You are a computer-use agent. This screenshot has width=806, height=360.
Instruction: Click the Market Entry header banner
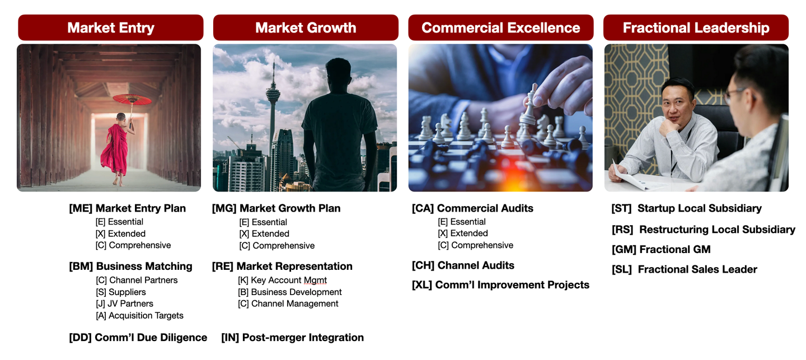coord(111,28)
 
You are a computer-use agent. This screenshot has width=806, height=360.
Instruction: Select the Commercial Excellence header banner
coord(501,28)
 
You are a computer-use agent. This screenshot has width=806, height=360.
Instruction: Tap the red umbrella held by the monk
coord(132,99)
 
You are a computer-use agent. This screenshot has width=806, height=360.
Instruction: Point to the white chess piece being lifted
coord(529,104)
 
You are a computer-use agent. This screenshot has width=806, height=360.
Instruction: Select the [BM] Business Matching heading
coord(130,267)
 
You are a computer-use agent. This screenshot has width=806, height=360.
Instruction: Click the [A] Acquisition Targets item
coord(139,316)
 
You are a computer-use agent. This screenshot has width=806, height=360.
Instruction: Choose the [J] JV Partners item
coord(124,304)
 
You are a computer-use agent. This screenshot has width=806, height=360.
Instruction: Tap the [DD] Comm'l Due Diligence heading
coord(138,338)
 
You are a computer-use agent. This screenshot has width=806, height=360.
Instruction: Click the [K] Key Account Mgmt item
coord(283,280)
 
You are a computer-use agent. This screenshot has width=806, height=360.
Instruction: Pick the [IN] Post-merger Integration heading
coord(293,338)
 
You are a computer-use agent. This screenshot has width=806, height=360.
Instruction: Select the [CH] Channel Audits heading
coord(463,266)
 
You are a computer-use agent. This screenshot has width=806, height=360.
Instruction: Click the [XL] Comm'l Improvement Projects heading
coord(500,285)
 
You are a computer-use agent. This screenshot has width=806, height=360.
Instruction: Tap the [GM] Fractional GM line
coord(661,250)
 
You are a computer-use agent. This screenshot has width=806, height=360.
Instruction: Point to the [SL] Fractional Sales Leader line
coord(685,270)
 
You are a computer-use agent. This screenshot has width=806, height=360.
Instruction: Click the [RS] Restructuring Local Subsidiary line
coord(704,230)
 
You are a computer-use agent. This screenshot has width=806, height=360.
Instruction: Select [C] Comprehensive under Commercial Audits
coord(476,245)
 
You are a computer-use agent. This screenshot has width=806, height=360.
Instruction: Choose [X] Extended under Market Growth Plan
coord(264,234)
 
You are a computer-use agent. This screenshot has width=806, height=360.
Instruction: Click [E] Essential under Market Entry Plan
coord(119,222)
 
